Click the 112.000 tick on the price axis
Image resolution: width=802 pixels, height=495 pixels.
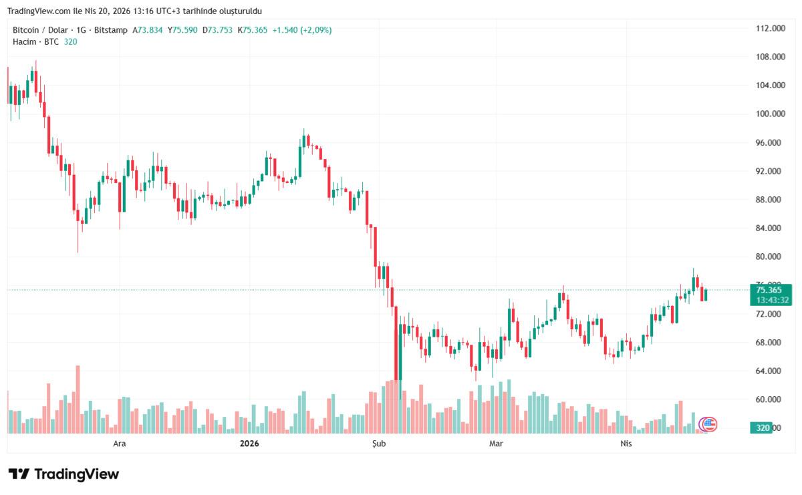770,28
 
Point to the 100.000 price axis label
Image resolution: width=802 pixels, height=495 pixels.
770,114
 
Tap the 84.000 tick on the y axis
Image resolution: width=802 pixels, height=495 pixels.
770,228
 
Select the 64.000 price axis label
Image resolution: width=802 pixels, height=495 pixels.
770,371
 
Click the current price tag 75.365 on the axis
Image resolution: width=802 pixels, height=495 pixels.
769,290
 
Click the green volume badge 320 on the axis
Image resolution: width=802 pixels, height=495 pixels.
761,428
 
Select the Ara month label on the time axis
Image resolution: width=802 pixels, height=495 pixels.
119,444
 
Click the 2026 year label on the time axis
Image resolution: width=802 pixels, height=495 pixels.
249,444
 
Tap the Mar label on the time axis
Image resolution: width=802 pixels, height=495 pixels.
496,444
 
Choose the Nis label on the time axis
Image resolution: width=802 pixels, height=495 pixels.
626,444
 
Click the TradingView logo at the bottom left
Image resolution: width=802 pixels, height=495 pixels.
63,474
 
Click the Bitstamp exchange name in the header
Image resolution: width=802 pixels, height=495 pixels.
112,30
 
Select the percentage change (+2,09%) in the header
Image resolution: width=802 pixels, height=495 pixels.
316,30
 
